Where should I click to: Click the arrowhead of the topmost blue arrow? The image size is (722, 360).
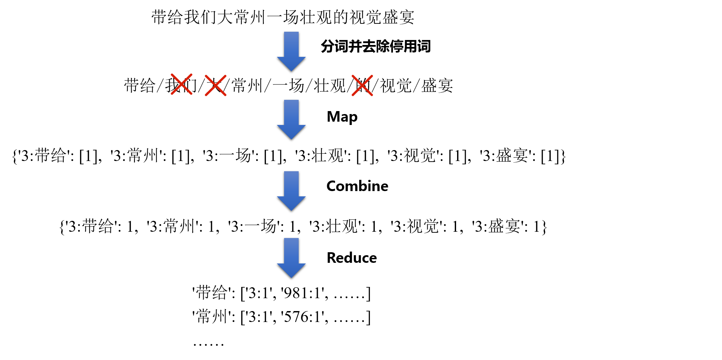tap(291, 63)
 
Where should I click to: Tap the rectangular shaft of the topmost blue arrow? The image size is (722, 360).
tap(291, 44)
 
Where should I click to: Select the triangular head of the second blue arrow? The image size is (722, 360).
tap(291, 131)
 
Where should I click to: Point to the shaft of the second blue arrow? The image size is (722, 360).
tap(291, 112)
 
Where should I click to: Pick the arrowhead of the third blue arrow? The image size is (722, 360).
tap(291, 203)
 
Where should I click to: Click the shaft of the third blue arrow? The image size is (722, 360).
tap(291, 184)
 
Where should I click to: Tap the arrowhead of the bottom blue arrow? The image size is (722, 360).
tap(291, 270)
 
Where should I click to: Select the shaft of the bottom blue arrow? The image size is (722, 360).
tap(291, 251)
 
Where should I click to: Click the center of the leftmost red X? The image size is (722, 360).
tap(182, 84)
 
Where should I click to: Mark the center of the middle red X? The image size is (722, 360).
tap(216, 85)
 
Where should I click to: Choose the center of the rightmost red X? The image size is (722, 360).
tap(362, 86)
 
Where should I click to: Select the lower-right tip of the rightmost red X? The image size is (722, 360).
tap(372, 95)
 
